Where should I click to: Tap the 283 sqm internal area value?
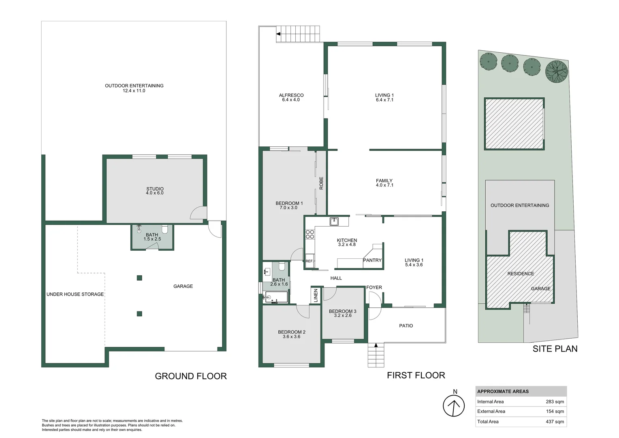coord(555,402)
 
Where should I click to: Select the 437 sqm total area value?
coord(555,422)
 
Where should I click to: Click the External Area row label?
coord(491,412)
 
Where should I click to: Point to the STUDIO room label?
coord(155,189)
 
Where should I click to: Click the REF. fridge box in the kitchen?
coord(309,261)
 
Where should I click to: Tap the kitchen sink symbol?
coord(334,221)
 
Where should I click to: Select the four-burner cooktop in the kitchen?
coord(310,234)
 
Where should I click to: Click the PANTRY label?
coord(372,260)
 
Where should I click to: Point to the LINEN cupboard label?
coord(316,295)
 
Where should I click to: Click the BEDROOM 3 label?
coord(343,311)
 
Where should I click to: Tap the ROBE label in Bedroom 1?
coord(321,183)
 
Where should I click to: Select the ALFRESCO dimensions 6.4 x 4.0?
coord(291,100)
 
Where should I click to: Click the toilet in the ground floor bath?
coord(165,229)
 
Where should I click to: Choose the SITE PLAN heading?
coord(555,349)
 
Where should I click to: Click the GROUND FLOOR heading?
coord(191,376)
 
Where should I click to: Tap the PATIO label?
coord(406,326)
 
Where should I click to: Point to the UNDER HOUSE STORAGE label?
coord(75,294)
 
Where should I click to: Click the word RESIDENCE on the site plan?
coord(521,274)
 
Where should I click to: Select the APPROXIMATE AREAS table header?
coord(503,391)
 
